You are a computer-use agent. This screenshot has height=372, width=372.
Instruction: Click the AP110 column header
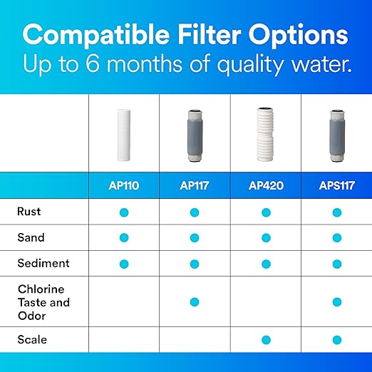tap(123, 185)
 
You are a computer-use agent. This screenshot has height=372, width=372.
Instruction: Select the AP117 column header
tap(195, 185)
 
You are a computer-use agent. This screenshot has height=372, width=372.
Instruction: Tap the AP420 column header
tap(266, 185)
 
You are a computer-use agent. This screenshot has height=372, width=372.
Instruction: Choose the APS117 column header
tap(336, 185)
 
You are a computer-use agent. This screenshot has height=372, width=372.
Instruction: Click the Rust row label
tap(29, 212)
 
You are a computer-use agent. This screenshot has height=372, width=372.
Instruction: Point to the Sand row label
tap(31, 237)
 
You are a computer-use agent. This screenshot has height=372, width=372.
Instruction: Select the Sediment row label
tap(43, 263)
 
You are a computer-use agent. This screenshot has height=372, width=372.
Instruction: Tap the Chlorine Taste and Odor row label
tap(43, 301)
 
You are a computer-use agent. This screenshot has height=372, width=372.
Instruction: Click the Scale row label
tap(32, 339)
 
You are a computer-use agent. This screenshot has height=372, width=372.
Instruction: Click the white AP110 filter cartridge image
tap(123, 135)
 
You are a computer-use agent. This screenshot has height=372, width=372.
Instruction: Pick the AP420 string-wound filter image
tap(266, 135)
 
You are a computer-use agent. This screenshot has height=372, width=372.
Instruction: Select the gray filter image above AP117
tap(195, 135)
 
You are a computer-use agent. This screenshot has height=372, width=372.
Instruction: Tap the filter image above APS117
tap(336, 135)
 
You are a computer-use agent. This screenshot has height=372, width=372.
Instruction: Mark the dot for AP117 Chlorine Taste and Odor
tap(195, 302)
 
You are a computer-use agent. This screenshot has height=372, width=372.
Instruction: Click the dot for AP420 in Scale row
tap(266, 340)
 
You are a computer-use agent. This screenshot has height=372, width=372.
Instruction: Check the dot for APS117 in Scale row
tap(336, 340)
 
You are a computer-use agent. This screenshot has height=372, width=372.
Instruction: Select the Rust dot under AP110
tap(123, 212)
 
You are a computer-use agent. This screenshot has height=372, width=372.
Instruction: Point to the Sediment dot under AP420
tap(266, 264)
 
